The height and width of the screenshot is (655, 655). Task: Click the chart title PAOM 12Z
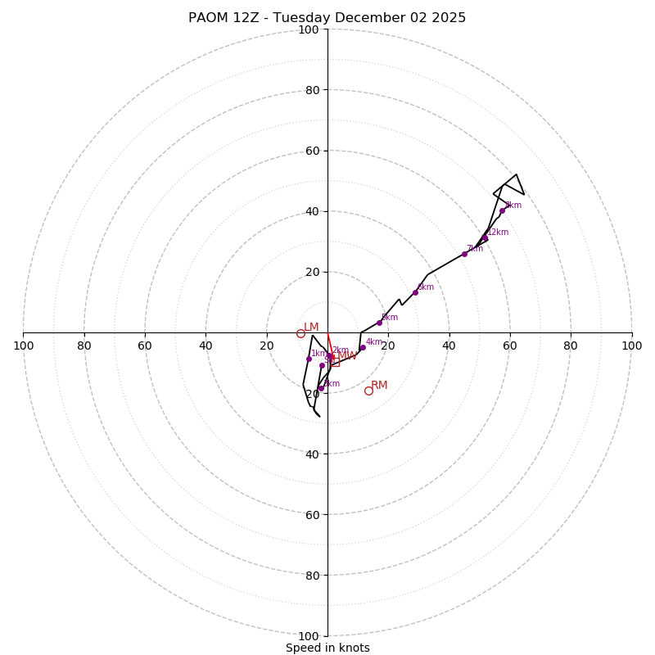click(x=327, y=18)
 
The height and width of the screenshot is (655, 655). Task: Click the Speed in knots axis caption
click(x=327, y=648)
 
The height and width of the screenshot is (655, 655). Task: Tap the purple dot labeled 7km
click(x=464, y=254)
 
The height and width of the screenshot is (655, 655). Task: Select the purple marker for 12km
click(x=485, y=237)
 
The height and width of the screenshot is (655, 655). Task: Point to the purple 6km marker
click(x=415, y=292)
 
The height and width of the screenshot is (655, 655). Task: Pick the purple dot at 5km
click(x=379, y=323)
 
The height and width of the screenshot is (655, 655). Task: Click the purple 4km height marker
click(x=363, y=347)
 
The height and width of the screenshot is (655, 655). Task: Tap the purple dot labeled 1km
click(x=309, y=359)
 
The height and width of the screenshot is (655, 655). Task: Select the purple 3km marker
click(x=321, y=389)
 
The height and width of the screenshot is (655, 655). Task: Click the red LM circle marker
click(x=300, y=333)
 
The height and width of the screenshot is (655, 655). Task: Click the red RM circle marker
click(x=368, y=391)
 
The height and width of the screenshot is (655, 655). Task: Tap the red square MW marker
click(x=335, y=361)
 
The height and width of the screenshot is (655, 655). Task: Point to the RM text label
click(x=379, y=385)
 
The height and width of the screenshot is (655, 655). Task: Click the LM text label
click(x=311, y=327)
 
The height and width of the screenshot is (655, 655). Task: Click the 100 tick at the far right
click(x=631, y=346)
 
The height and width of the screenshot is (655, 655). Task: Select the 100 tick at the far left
click(x=24, y=346)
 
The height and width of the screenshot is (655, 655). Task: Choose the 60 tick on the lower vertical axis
click(x=312, y=514)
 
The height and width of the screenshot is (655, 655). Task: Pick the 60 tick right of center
click(x=510, y=346)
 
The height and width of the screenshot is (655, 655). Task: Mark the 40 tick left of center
click(x=206, y=346)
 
